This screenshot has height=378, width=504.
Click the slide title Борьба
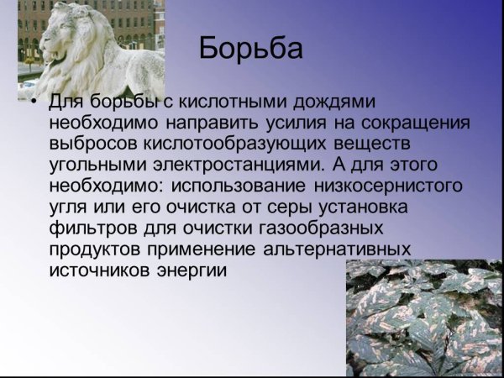point(251,50)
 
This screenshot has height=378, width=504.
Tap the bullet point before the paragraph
point(33,103)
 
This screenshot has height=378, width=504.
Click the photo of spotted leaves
point(424,318)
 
